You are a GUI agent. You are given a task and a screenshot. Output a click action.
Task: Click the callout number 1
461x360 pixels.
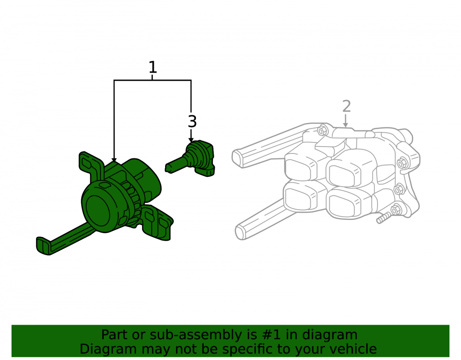pos(153,67)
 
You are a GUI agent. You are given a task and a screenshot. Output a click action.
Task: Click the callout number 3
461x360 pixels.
pos(192,121)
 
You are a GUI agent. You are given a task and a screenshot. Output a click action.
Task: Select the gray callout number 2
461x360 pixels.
pos(347,106)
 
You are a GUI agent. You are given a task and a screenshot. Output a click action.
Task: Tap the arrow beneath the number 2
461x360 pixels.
pos(346,121)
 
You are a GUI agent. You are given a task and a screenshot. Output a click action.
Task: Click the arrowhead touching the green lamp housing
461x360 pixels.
pos(114,159)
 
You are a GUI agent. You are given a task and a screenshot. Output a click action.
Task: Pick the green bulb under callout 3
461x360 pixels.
pos(190,159)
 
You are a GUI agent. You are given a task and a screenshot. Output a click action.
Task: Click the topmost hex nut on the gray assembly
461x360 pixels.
pos(323,130)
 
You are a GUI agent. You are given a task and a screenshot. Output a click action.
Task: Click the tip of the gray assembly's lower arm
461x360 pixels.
pos(241,232)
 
